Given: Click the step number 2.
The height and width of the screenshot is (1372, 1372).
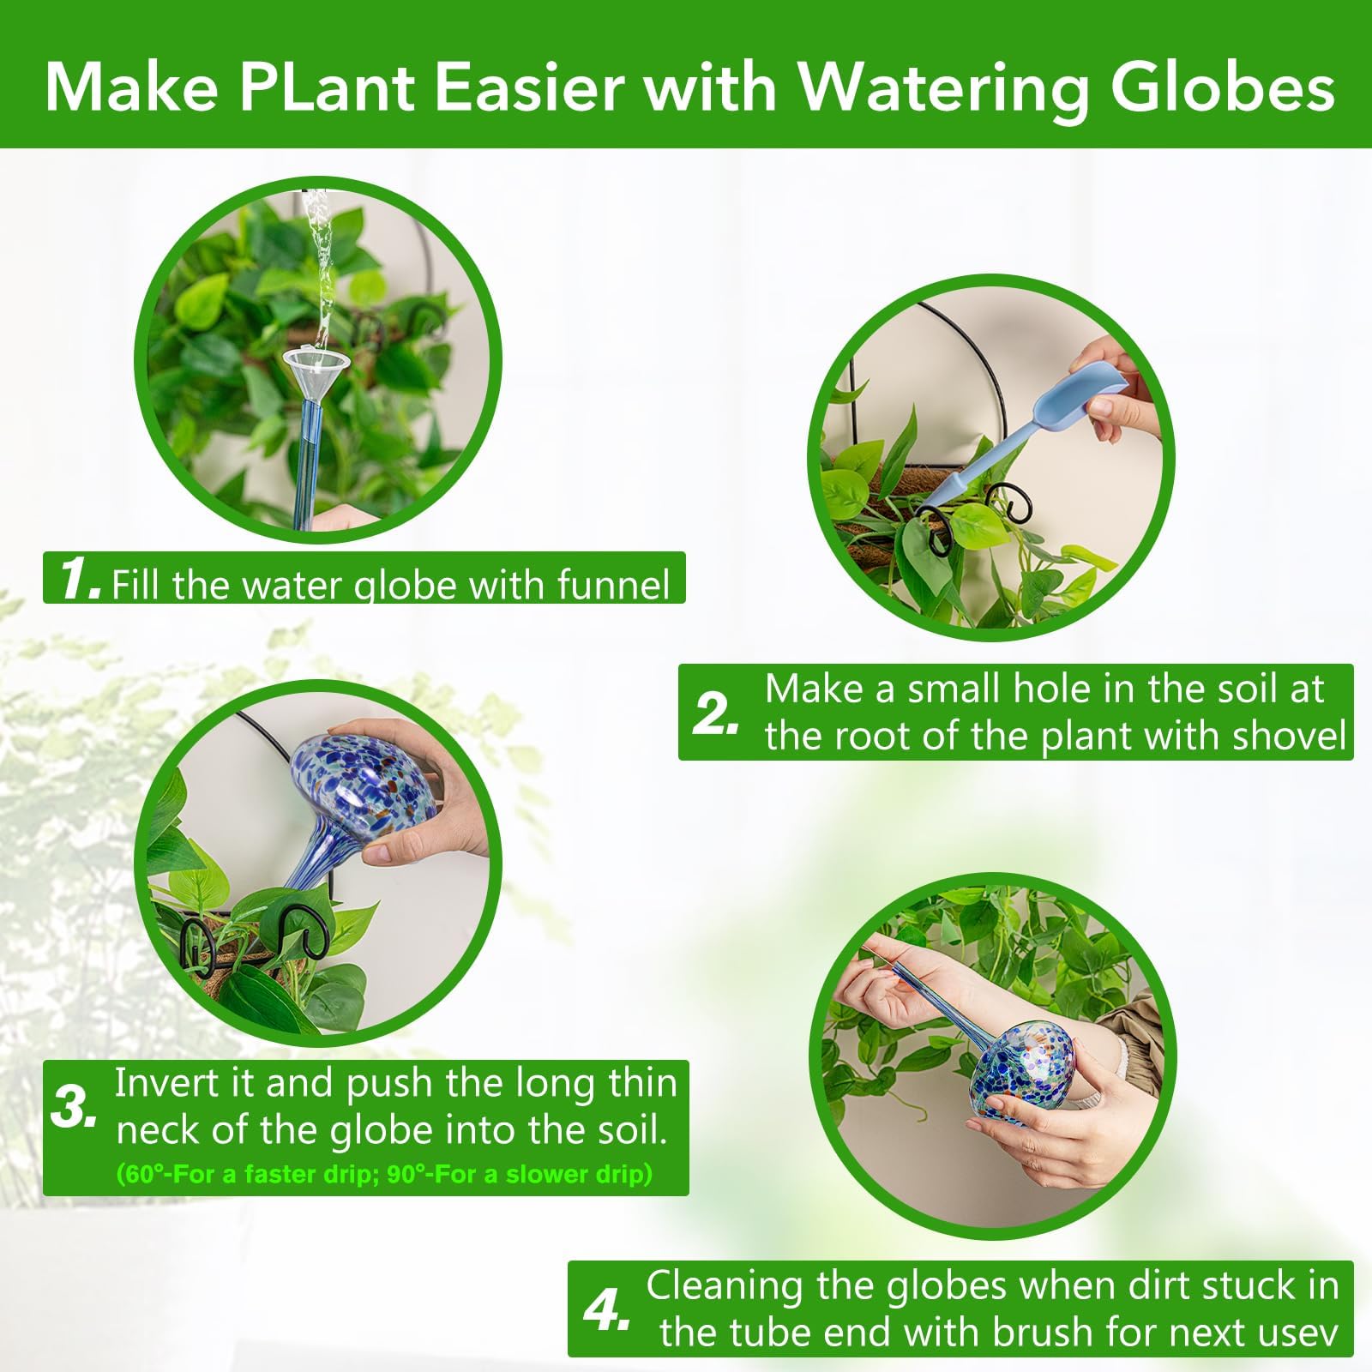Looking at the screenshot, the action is pyautogui.click(x=715, y=714).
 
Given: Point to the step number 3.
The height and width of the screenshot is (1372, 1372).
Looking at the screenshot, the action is pyautogui.click(x=74, y=1107).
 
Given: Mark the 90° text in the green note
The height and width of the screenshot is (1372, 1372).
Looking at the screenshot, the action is pyautogui.click(x=406, y=1174).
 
